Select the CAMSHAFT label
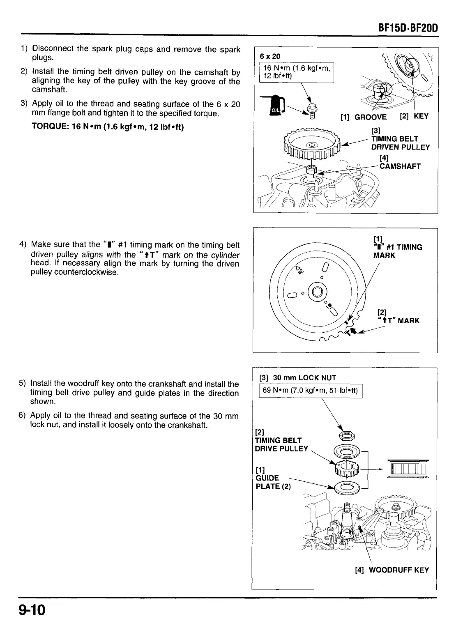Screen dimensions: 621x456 (400, 166)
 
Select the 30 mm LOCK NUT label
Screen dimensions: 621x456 (298, 378)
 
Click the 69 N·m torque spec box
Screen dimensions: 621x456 (311, 391)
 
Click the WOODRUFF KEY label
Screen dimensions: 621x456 (392, 570)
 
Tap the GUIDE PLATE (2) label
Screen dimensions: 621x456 (273, 478)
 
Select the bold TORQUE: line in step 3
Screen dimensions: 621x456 (108, 126)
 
